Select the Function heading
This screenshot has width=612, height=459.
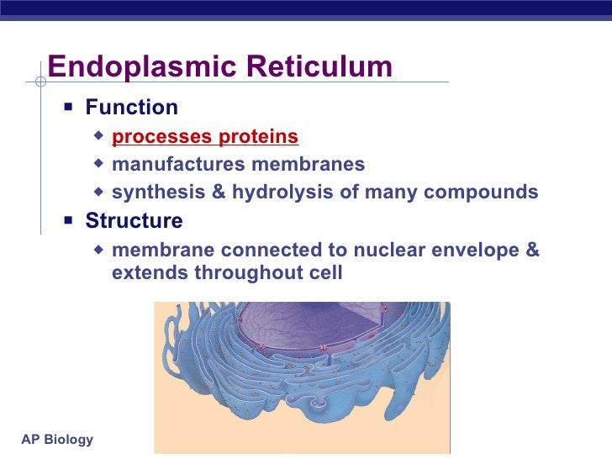point(131,108)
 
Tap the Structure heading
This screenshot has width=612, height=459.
point(134,221)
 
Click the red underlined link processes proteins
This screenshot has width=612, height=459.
point(204,136)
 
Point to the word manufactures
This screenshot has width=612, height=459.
point(164,164)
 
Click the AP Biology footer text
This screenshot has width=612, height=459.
point(56,441)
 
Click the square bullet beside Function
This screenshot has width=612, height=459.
point(69,108)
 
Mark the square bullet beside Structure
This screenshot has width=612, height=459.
point(69,221)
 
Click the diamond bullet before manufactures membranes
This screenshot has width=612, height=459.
point(100,164)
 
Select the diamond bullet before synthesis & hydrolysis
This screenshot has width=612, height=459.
point(100,193)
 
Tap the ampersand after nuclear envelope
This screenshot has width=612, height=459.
point(532,251)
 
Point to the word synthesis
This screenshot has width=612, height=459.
point(157,193)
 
